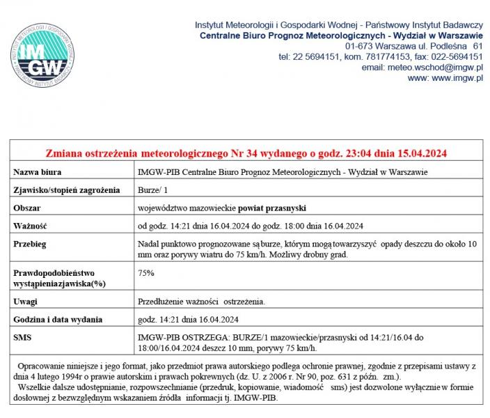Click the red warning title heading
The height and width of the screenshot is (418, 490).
click(246, 153)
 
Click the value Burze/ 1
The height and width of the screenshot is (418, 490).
click(153, 189)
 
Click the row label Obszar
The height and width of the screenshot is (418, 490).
click(28, 208)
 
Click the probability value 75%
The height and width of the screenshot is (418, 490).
click(146, 272)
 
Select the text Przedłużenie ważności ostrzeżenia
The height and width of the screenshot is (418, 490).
click(202, 301)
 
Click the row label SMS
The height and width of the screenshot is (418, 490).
click(23, 337)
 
